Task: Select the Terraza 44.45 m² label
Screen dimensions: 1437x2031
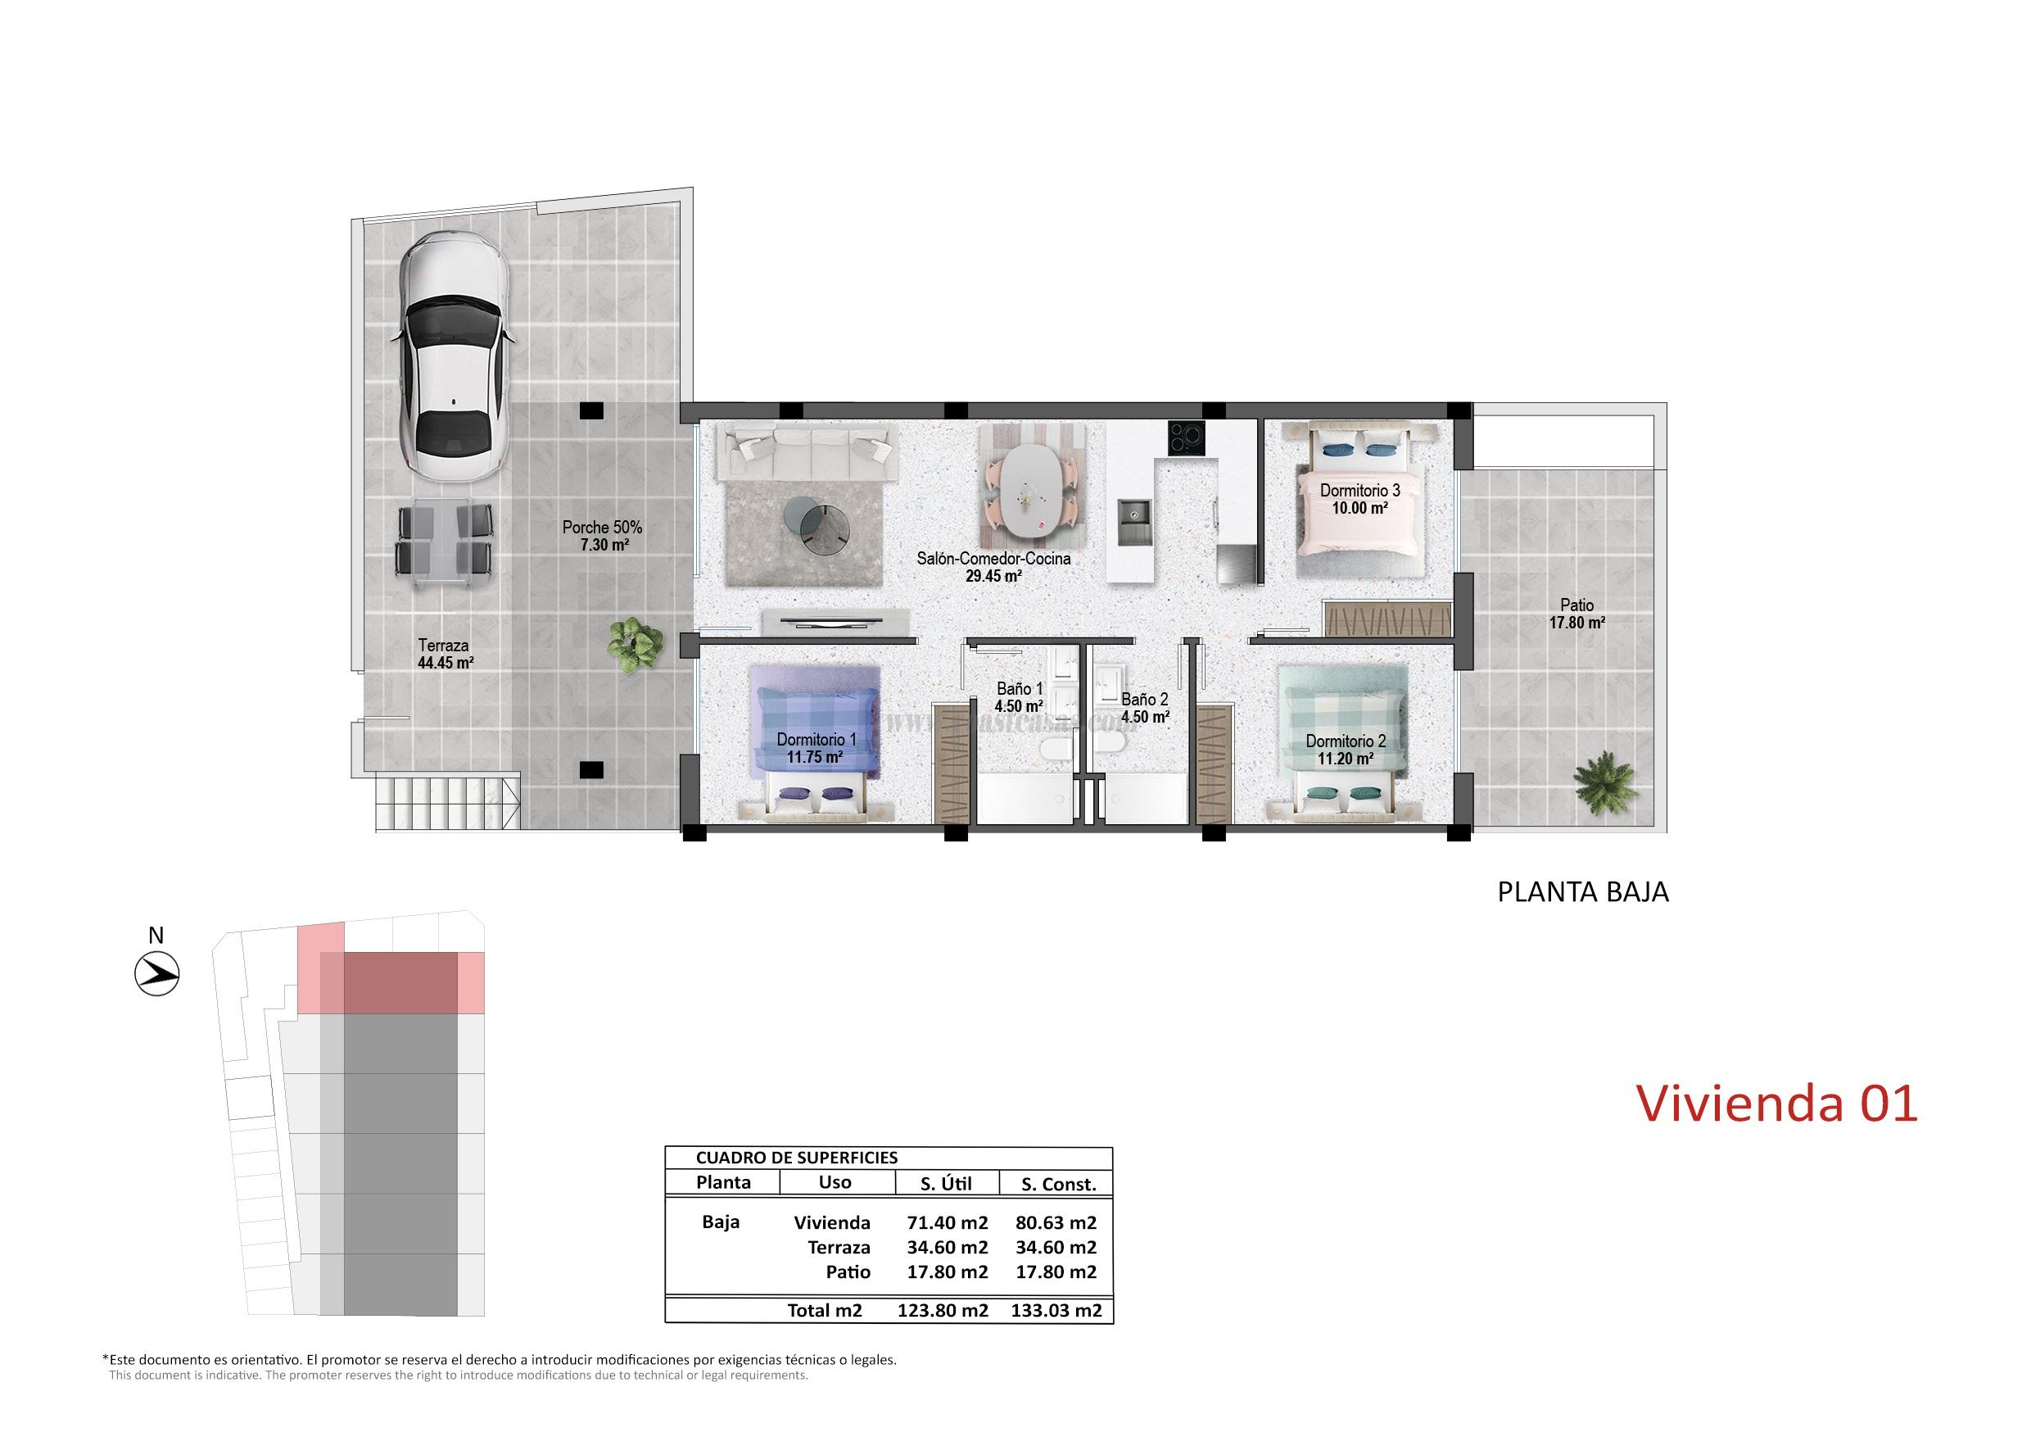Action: pos(444,654)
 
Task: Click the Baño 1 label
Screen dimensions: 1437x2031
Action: pos(1019,688)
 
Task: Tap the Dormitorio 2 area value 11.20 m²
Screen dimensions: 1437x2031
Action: pos(1346,759)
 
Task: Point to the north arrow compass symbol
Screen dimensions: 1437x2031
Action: pos(156,973)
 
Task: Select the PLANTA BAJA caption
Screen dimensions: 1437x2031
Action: pos(1581,892)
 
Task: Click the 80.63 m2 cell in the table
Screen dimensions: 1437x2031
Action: pos(1056,1223)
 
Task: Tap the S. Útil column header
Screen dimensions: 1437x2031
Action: pos(946,1183)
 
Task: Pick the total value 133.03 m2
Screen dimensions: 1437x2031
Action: pos(1056,1312)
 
